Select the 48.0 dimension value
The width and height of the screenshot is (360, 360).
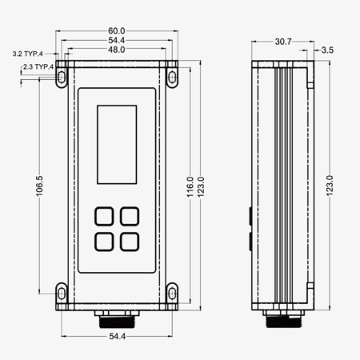click(x=117, y=50)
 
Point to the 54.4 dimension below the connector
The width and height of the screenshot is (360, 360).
click(x=117, y=337)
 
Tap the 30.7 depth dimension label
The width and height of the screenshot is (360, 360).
click(x=282, y=40)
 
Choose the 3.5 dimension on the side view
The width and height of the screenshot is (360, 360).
click(x=326, y=50)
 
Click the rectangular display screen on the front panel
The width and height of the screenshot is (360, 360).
click(x=117, y=144)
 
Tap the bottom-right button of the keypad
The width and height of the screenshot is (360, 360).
click(x=129, y=241)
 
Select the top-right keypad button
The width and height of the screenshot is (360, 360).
click(x=129, y=215)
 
